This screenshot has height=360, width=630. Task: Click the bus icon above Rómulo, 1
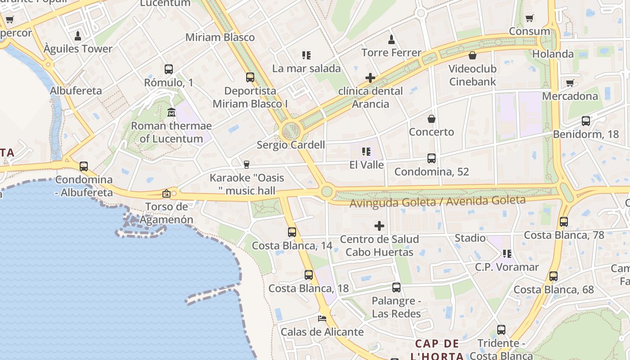tap(169, 69)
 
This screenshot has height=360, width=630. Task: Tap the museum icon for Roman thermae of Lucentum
tap(171, 112)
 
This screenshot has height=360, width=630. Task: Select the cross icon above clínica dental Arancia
tap(370, 78)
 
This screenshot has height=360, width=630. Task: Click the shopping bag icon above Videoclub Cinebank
tap(472, 55)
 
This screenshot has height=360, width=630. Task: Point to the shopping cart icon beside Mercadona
tap(570, 83)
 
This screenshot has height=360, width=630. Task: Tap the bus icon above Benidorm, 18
tap(585, 121)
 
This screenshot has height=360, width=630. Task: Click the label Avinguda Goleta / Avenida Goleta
tap(437, 201)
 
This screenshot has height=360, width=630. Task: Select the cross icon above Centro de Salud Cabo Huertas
tap(379, 225)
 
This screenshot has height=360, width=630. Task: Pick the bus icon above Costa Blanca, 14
tap(292, 232)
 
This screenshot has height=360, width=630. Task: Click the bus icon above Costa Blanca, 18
tap(309, 275)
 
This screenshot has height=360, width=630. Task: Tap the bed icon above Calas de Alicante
tap(322, 318)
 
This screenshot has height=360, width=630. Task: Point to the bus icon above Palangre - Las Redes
tap(396, 287)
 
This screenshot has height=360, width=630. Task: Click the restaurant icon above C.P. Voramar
tap(507, 254)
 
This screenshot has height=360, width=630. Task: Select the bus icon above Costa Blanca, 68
tap(553, 276)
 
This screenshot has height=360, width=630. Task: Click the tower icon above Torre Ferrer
tap(391, 39)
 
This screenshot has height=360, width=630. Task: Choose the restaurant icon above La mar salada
tap(306, 55)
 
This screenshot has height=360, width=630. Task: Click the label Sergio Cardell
tap(291, 145)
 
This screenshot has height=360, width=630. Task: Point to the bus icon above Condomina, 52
tap(432, 158)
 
